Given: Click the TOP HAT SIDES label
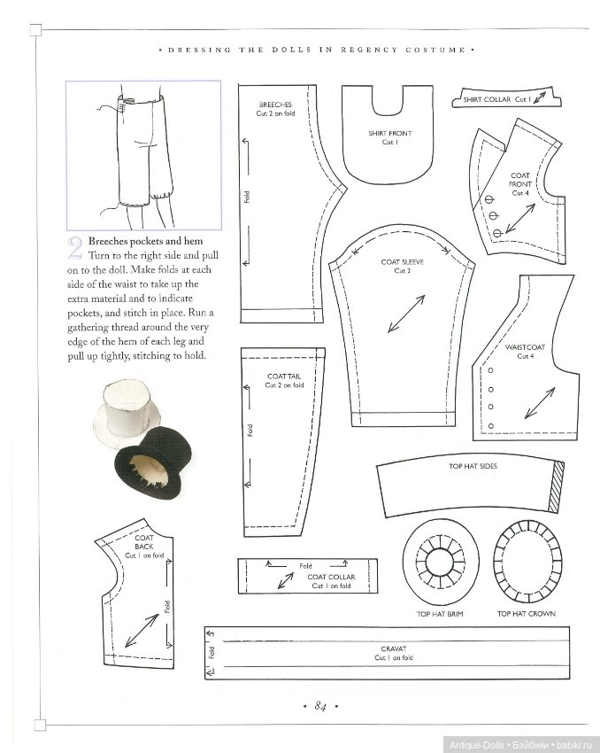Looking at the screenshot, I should [475, 466].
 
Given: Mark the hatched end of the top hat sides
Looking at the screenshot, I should [556, 486].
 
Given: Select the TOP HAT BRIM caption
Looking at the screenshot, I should [441, 613].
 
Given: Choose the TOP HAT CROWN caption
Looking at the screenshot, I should [526, 613].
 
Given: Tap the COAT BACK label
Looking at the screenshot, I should [143, 542].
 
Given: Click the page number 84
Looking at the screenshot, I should [320, 705].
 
